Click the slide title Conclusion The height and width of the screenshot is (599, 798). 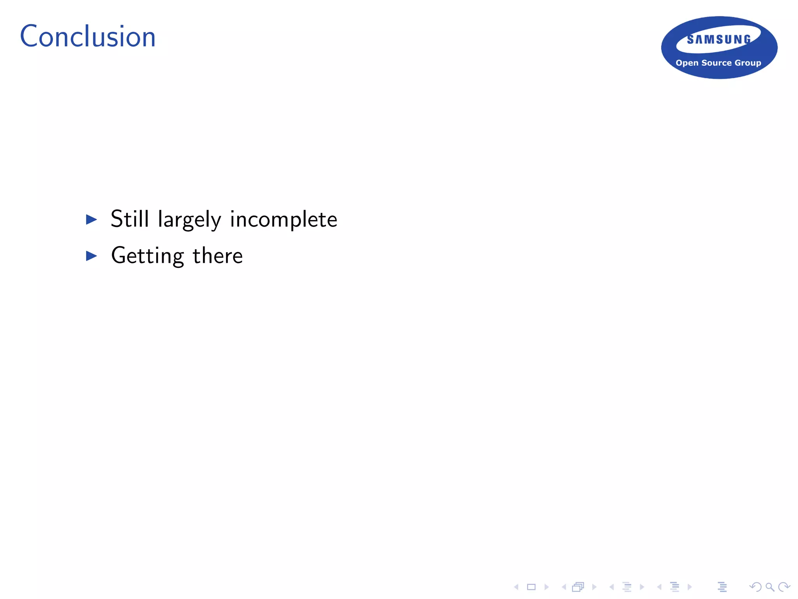click(x=88, y=37)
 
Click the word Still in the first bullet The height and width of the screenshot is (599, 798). click(x=130, y=219)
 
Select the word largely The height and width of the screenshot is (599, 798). click(x=189, y=220)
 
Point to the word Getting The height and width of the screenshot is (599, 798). click(x=147, y=256)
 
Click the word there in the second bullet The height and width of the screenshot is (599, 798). click(x=217, y=256)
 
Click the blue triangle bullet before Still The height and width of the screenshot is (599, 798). click(x=92, y=220)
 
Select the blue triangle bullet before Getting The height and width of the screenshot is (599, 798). click(x=92, y=256)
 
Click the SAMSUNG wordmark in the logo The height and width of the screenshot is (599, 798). click(x=719, y=39)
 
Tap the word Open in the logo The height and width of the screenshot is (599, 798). click(x=687, y=63)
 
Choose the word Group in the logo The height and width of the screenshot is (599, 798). click(x=748, y=63)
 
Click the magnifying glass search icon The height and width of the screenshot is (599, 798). click(x=770, y=587)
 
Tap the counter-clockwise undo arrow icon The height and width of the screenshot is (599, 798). click(x=755, y=587)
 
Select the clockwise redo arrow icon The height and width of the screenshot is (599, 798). click(x=784, y=587)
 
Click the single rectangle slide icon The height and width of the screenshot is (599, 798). click(x=531, y=587)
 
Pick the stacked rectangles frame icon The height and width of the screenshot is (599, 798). click(x=578, y=587)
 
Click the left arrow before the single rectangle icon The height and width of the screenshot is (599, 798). click(x=516, y=587)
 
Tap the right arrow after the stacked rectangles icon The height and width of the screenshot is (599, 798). click(x=594, y=587)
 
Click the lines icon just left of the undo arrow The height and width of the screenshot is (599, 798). click(x=722, y=587)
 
